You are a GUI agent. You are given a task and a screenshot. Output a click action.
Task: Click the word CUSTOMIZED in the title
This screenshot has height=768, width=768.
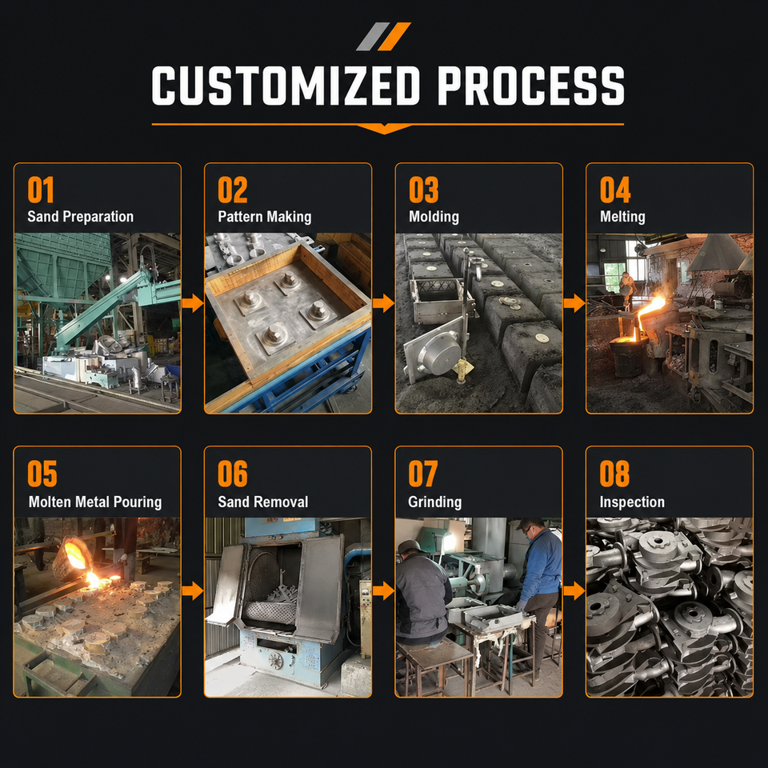(286, 86)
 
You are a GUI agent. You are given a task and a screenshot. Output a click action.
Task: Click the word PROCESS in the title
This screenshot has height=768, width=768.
(531, 86)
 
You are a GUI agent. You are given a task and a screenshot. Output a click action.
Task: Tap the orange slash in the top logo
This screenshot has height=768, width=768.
(394, 36)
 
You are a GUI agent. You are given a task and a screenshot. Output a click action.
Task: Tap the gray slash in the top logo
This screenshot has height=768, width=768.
(373, 36)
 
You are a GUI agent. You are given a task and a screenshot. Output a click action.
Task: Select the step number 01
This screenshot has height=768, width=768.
(41, 190)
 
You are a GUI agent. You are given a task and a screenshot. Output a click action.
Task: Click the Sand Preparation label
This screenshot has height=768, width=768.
(80, 217)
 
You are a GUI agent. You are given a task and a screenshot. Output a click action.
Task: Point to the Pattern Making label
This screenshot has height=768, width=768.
(265, 217)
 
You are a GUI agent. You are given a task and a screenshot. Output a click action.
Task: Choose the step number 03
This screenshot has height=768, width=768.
(424, 190)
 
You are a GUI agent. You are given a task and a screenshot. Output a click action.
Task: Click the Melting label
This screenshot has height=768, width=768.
(622, 217)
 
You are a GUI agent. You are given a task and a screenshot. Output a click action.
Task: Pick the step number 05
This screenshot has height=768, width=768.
(42, 474)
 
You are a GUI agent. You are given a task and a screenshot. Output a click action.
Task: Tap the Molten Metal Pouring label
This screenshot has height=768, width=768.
(95, 502)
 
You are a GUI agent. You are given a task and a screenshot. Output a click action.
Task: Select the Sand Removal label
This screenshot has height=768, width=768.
(263, 502)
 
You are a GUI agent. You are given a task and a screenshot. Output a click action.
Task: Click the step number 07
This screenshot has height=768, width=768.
(422, 474)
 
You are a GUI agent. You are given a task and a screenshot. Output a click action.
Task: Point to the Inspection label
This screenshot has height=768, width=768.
(632, 502)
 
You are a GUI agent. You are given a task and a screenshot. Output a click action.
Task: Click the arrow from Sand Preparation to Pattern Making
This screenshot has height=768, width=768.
(193, 303)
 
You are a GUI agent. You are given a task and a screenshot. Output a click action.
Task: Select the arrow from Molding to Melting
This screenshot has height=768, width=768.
(574, 303)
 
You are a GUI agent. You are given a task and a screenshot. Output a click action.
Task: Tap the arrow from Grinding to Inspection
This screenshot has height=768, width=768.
(574, 590)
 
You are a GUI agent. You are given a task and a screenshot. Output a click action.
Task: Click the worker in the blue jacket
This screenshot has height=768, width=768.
(539, 593)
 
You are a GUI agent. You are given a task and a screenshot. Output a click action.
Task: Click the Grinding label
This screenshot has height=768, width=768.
(435, 502)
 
